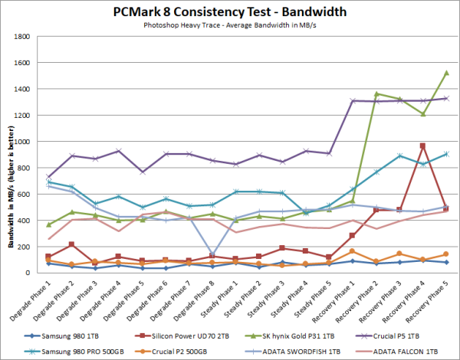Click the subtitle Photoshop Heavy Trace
click(x=229, y=25)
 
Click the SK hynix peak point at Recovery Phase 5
click(x=446, y=73)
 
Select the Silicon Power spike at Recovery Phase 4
click(x=422, y=146)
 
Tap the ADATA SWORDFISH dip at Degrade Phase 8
click(x=212, y=254)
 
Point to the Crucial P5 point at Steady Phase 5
click(x=329, y=153)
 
